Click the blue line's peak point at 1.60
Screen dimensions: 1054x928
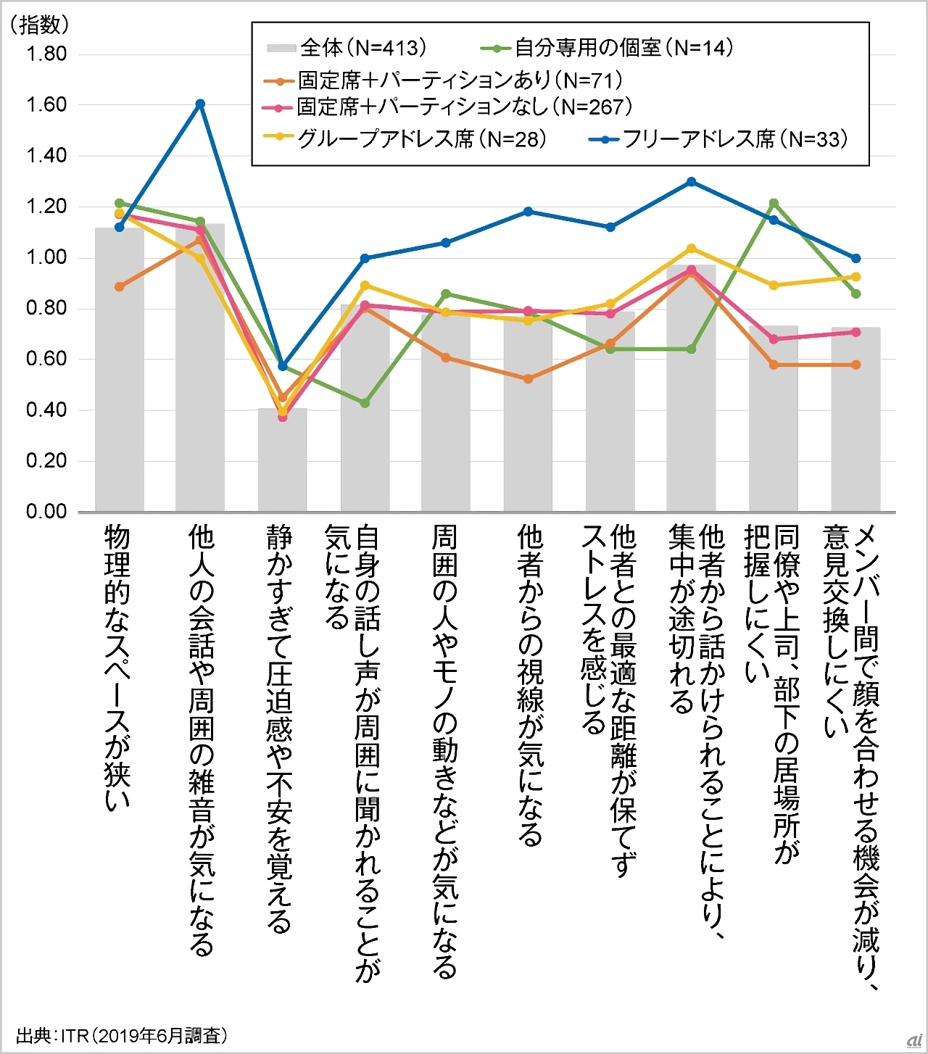click(x=200, y=104)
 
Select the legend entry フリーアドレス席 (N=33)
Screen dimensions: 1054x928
click(x=734, y=138)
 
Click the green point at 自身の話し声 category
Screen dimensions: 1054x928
click(x=365, y=403)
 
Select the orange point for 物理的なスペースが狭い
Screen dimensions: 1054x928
click(x=120, y=287)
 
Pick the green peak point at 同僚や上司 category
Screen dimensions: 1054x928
click(x=774, y=204)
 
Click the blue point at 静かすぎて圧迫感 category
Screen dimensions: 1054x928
click(x=282, y=366)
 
